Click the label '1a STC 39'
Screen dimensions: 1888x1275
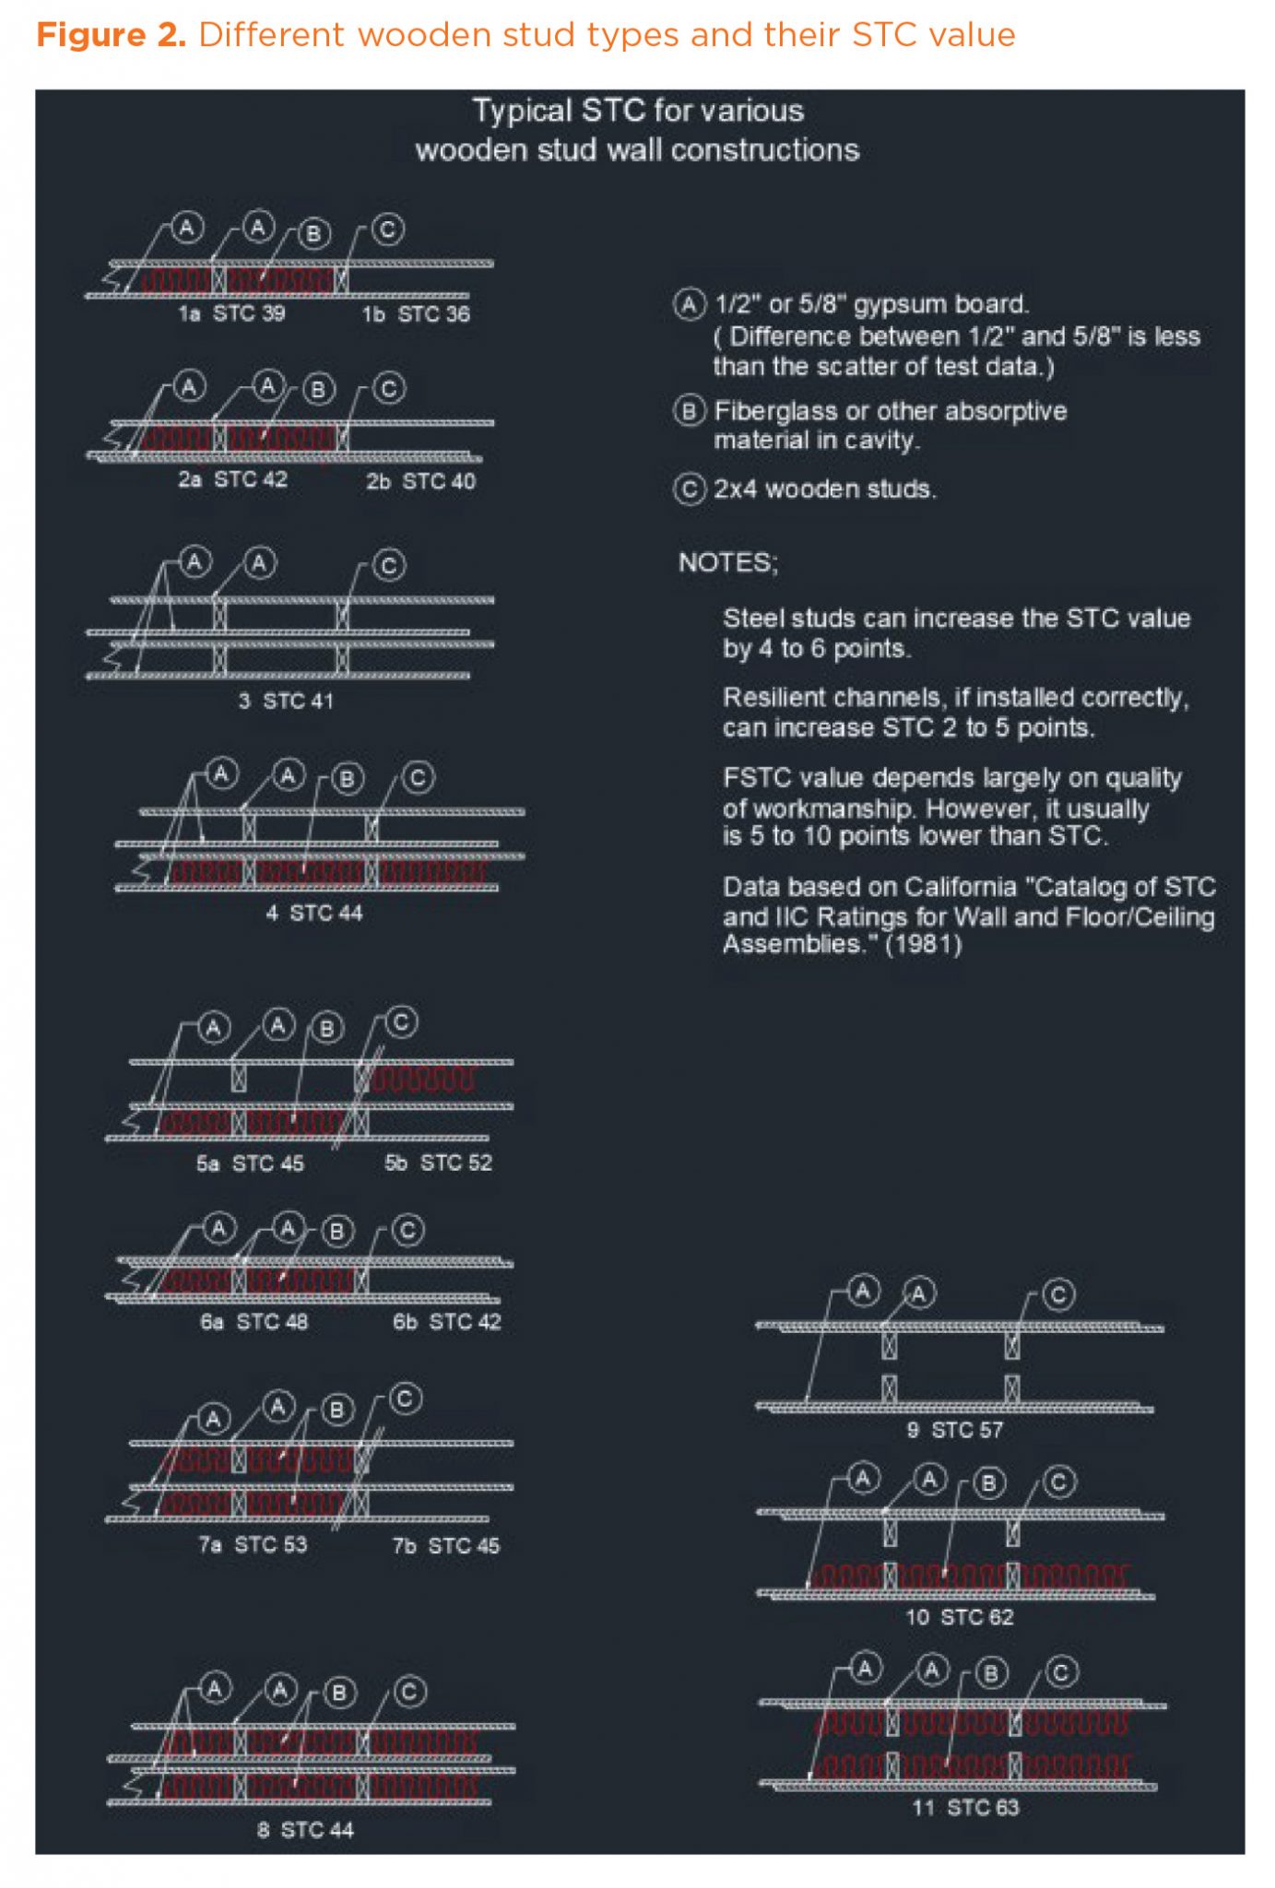point(231,313)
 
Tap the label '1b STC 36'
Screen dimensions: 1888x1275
point(416,314)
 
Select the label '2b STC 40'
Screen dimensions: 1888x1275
point(420,481)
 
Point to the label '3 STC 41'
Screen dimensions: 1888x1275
point(286,701)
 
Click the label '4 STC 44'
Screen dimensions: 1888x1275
point(314,913)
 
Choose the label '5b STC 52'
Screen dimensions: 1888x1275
point(438,1162)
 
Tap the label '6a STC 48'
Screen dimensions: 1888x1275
point(254,1321)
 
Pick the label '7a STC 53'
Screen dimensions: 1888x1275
point(253,1544)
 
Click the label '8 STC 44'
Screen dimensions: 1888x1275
point(305,1830)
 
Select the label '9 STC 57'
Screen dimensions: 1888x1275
point(955,1430)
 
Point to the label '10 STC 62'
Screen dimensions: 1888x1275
point(959,1617)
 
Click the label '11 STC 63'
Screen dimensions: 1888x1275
point(966,1808)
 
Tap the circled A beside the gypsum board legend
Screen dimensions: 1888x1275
point(690,303)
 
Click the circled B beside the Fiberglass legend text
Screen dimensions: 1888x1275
point(690,410)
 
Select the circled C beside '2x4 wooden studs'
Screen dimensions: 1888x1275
point(690,489)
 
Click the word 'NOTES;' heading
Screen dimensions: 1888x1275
point(728,562)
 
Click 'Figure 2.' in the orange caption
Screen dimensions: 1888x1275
point(111,35)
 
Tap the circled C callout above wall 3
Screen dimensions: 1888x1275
point(389,565)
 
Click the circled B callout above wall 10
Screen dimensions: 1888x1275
point(988,1482)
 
